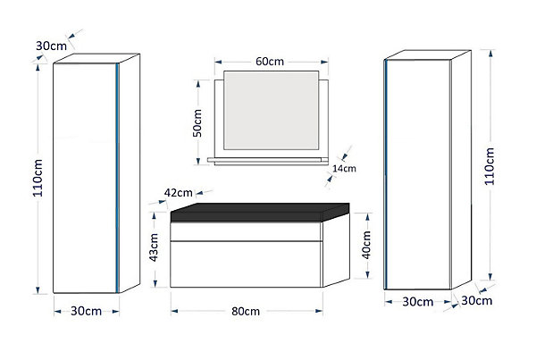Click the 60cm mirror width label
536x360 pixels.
tap(270, 62)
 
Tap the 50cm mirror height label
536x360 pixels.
tap(197, 123)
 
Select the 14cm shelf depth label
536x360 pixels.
tap(344, 168)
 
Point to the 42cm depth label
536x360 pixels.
tap(178, 193)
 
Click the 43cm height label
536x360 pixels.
tap(154, 247)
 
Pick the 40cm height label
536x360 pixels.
tap(366, 245)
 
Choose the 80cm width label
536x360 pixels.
tap(246, 311)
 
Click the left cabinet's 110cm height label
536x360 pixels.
tap(38, 178)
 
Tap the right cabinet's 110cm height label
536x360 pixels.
tap(490, 166)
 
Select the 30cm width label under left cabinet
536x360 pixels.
tap(86, 311)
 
